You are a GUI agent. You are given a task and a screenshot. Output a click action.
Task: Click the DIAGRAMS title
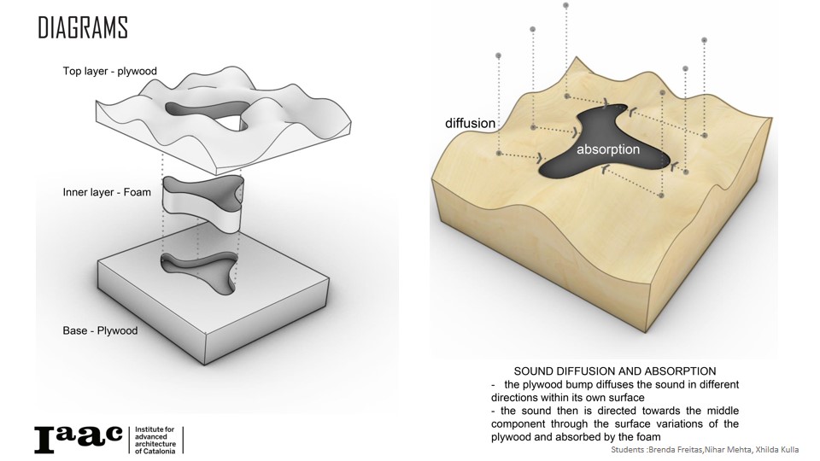tap(82, 27)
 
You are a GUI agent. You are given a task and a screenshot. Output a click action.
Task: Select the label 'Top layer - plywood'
tap(109, 71)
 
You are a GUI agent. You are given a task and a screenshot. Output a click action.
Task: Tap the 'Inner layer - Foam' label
tap(107, 192)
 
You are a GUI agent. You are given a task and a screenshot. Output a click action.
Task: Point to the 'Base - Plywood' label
tap(100, 330)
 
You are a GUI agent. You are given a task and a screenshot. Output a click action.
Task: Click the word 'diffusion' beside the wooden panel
tap(470, 123)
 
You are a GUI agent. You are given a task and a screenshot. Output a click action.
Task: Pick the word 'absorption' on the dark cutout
tap(608, 149)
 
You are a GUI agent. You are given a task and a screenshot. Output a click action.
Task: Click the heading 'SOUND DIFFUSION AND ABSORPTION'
tap(614, 371)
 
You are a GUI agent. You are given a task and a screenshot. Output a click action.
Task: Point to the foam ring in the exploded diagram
tap(203, 205)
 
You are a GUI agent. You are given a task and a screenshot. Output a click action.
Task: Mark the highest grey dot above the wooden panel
tap(567, 7)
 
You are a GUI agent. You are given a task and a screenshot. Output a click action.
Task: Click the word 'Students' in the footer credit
tap(629, 449)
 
